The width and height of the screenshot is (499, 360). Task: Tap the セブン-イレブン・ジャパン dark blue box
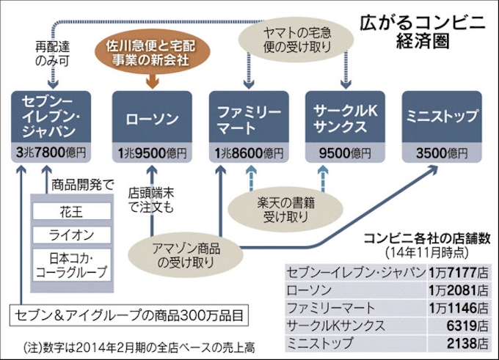pyautogui.click(x=51, y=117)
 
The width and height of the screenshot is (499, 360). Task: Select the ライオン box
pyautogui.click(x=70, y=235)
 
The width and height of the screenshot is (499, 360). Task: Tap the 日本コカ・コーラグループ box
pyautogui.click(x=70, y=265)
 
